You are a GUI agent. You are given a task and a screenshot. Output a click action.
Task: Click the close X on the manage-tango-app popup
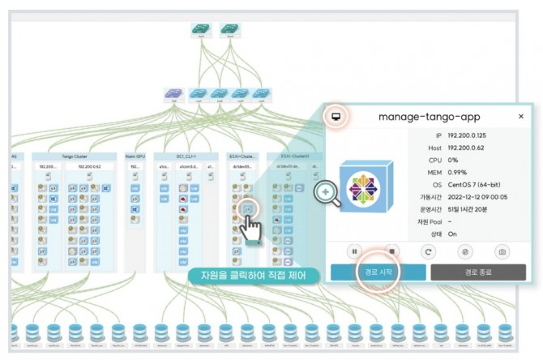[521, 116]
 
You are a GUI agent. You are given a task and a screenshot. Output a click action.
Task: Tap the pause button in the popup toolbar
[355, 251]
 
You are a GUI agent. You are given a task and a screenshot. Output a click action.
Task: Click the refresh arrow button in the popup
[429, 251]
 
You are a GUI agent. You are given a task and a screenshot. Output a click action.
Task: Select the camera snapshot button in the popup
[502, 251]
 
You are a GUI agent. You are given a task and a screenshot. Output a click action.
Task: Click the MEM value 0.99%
[460, 172]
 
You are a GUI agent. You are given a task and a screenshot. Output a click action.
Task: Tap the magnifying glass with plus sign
[326, 192]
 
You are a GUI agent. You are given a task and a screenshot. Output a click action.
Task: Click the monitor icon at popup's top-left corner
[336, 116]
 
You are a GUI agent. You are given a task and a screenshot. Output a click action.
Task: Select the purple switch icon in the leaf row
[173, 94]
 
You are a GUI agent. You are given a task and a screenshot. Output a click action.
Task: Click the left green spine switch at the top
[199, 29]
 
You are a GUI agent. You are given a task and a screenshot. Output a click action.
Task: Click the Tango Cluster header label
[79, 156]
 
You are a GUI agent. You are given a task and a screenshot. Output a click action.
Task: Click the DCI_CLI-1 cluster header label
[186, 156]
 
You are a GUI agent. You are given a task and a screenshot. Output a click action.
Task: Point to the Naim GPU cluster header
[135, 156]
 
